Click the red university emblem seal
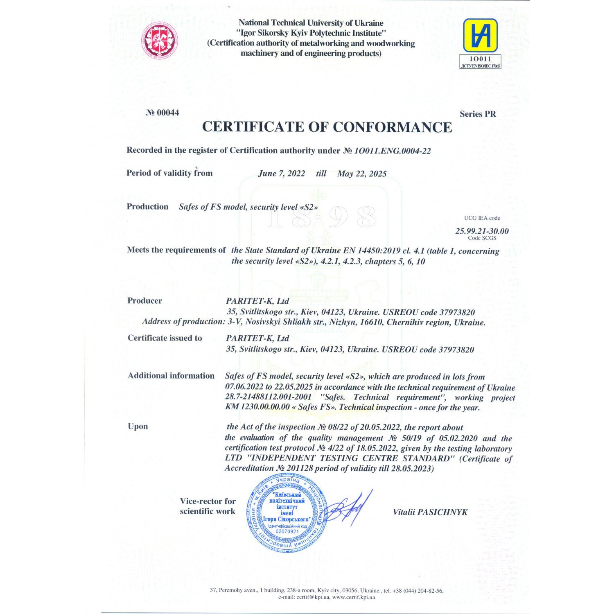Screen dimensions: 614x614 [160, 40]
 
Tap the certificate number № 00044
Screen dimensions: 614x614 [163, 113]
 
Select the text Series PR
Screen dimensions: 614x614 [477, 114]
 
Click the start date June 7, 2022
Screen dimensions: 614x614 [281, 174]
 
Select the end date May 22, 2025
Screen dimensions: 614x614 [362, 174]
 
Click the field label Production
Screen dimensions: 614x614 [147, 207]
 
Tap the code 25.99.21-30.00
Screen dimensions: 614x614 [482, 231]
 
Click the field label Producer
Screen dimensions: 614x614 [144, 301]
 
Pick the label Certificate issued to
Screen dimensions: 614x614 [165, 338]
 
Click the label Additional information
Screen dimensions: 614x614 [171, 376]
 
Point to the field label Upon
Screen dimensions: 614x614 [138, 427]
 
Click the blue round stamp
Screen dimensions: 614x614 [286, 513]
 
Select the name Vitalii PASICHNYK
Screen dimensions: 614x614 [430, 512]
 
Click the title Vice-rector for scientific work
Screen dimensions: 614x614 [208, 506]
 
